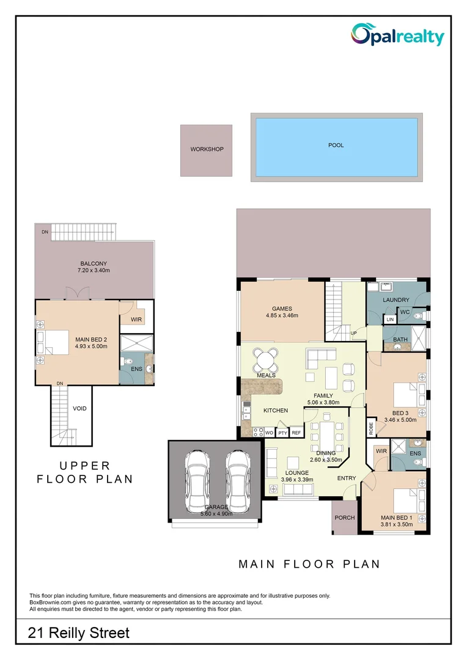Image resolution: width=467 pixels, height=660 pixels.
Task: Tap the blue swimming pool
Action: (x=336, y=146)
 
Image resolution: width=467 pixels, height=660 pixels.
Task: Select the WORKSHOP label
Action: (x=207, y=150)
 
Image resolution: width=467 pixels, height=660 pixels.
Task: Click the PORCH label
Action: (x=344, y=518)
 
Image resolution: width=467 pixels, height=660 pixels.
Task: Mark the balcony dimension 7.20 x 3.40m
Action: (x=94, y=270)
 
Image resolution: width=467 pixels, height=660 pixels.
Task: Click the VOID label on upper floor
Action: (x=79, y=408)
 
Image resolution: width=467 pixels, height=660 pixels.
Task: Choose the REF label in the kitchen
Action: (x=296, y=433)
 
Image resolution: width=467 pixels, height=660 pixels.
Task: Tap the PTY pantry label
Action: (x=282, y=433)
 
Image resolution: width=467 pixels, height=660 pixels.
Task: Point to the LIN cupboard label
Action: (x=390, y=320)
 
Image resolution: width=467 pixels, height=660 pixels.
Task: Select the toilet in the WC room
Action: (x=418, y=317)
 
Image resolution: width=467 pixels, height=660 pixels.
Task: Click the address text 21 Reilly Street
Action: (x=79, y=633)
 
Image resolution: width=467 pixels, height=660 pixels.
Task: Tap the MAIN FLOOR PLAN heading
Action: (x=309, y=564)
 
